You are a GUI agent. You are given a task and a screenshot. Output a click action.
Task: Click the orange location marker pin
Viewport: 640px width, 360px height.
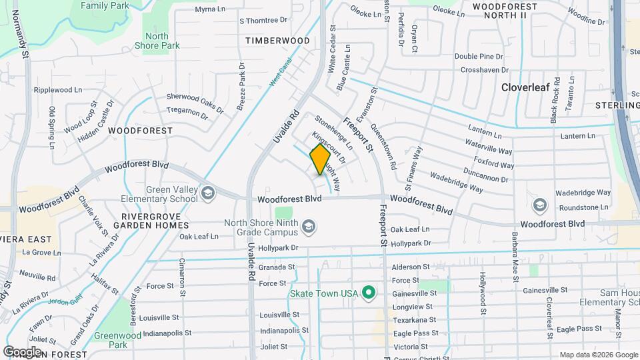[320, 159]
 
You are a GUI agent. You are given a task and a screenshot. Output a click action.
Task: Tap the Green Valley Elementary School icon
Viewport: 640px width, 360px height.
[209, 193]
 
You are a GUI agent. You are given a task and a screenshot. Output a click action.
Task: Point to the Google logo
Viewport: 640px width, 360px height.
[22, 351]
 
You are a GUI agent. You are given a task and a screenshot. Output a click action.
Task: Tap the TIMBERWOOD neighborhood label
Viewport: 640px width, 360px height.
[277, 41]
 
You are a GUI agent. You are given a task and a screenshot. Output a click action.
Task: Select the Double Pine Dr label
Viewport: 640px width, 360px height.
[479, 57]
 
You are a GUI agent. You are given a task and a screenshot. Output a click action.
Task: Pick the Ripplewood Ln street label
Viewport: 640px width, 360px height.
[58, 89]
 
